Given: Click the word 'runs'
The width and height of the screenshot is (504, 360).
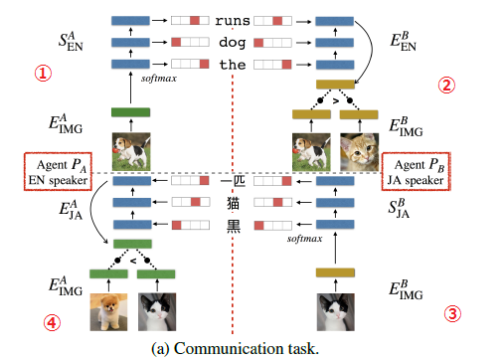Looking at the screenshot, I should click(231, 19).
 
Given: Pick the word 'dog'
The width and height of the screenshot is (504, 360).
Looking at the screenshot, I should click(231, 43).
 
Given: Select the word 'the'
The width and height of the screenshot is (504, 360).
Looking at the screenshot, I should click(231, 65).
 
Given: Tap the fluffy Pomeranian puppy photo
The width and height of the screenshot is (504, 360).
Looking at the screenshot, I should click(107, 311).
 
